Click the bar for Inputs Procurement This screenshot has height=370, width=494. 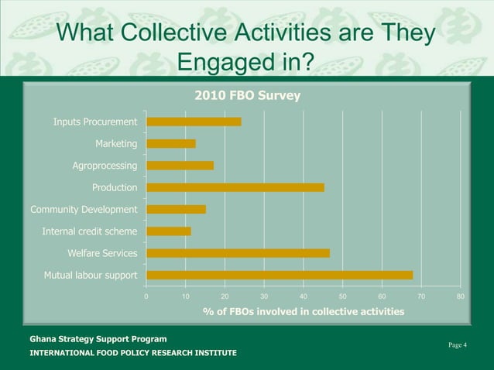(x=194, y=122)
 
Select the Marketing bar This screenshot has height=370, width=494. (x=171, y=143)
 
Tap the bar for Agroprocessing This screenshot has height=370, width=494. (x=180, y=165)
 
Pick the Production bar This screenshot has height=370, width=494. (x=235, y=187)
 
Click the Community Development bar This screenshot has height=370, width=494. (x=176, y=209)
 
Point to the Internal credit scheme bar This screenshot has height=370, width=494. (x=169, y=231)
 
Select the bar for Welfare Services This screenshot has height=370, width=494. (x=238, y=253)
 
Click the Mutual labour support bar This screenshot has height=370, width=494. (x=280, y=275)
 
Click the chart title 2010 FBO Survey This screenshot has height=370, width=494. (x=246, y=95)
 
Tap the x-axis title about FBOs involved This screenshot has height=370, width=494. (x=303, y=311)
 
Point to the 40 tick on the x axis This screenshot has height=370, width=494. (x=304, y=296)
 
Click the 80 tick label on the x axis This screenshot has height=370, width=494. (x=461, y=296)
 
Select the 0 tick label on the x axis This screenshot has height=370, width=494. (x=146, y=296)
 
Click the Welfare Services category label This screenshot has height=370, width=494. (x=102, y=253)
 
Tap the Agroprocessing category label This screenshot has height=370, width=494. (x=105, y=166)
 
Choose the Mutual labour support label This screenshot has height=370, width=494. (x=91, y=275)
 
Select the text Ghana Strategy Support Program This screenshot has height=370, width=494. (x=98, y=339)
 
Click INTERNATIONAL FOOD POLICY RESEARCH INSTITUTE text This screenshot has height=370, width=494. (x=133, y=353)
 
